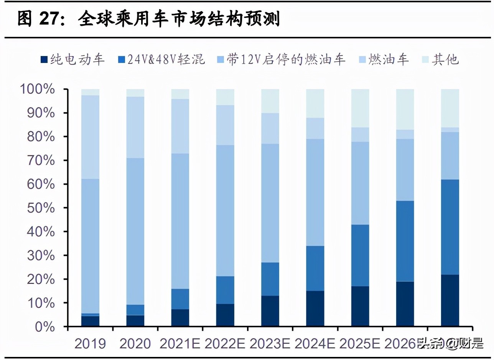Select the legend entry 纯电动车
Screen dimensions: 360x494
(x=72, y=59)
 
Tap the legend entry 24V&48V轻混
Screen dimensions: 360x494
(x=161, y=59)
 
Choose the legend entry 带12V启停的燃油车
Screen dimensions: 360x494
(x=282, y=59)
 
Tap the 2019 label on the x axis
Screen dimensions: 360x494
(x=90, y=343)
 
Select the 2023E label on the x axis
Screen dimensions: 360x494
(x=270, y=343)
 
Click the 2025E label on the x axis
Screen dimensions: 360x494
(x=360, y=343)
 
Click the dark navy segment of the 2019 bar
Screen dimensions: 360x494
(x=90, y=321)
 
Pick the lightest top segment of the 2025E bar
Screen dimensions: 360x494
(x=360, y=108)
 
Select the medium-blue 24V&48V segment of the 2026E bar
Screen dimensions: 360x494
(x=405, y=241)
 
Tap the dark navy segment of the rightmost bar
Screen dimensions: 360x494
(x=450, y=301)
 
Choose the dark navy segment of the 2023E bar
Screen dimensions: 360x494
(x=270, y=311)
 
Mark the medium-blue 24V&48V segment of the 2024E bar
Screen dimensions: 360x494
(x=315, y=268)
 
